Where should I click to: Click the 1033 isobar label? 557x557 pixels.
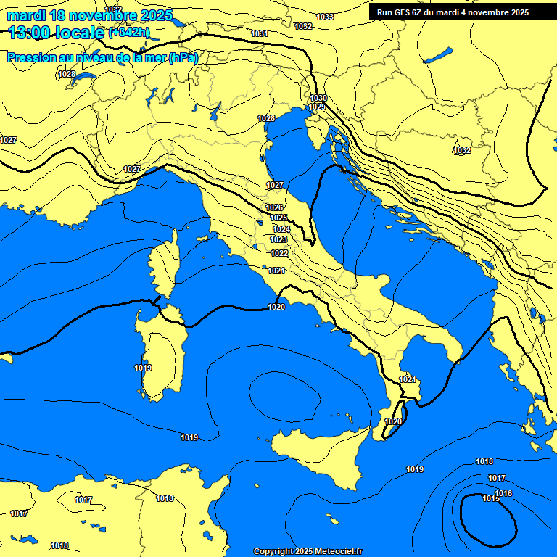[325, 17]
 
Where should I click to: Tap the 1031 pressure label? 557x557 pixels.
[259, 34]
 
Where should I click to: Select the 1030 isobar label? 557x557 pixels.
[318, 98]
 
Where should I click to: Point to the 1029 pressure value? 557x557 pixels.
[317, 107]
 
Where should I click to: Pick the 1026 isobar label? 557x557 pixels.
[274, 207]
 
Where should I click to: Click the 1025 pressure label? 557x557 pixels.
[278, 218]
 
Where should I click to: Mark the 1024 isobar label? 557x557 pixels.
[281, 229]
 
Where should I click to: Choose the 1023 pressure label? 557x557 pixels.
[278, 239]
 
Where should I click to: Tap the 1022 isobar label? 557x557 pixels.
[279, 253]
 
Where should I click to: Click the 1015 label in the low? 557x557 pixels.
[491, 498]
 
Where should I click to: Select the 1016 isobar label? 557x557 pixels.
[504, 493]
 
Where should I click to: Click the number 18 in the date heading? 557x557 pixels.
[68, 15]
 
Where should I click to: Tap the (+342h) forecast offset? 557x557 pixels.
[128, 33]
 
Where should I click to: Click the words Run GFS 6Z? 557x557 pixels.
[403, 12]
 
